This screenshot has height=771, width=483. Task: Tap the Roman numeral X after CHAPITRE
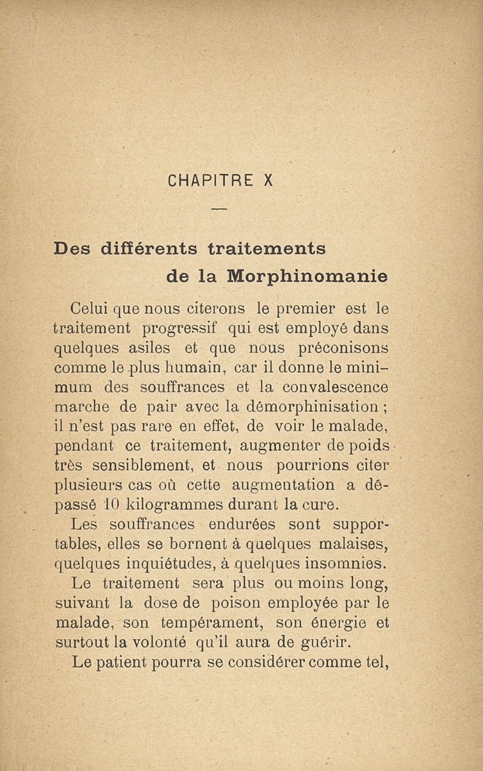click(269, 181)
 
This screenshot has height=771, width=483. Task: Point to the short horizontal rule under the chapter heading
click(219, 210)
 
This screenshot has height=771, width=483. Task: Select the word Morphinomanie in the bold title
click(307, 276)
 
